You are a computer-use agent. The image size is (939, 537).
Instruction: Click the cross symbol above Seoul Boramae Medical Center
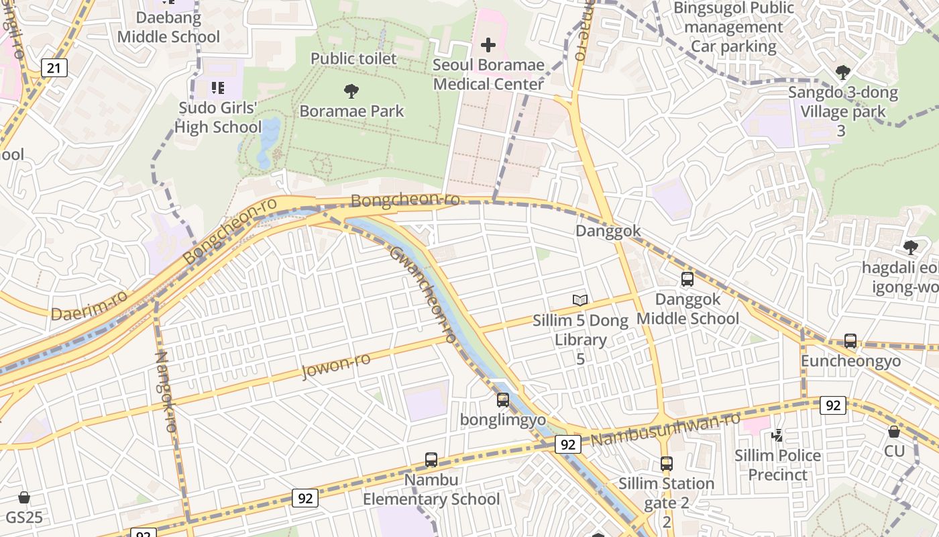[x=488, y=45]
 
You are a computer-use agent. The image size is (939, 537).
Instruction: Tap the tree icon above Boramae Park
[x=351, y=91]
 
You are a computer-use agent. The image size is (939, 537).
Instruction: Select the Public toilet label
[x=353, y=58]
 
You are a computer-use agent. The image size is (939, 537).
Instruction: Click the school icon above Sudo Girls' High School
[x=217, y=88]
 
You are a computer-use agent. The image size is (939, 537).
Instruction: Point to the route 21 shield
[x=54, y=67]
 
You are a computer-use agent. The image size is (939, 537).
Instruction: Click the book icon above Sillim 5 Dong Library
[x=580, y=300]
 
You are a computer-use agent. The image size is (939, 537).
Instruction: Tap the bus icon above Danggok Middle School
[x=687, y=279]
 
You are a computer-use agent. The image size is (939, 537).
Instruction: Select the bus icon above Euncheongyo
[x=850, y=341]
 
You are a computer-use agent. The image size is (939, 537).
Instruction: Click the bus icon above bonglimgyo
[x=503, y=400]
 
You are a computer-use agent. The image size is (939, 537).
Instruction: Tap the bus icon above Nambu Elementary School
[x=431, y=460]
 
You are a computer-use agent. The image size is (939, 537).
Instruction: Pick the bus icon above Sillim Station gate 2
[x=666, y=463]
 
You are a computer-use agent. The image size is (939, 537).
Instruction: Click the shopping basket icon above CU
[x=894, y=432]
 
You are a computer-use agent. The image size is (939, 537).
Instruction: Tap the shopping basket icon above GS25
[x=24, y=497]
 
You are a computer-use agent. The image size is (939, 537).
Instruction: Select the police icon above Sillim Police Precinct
[x=777, y=436]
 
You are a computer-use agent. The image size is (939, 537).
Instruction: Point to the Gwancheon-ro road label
[x=423, y=293]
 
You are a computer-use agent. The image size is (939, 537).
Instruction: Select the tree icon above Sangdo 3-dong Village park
[x=843, y=72]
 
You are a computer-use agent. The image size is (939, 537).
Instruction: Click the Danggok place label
[x=608, y=231]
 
